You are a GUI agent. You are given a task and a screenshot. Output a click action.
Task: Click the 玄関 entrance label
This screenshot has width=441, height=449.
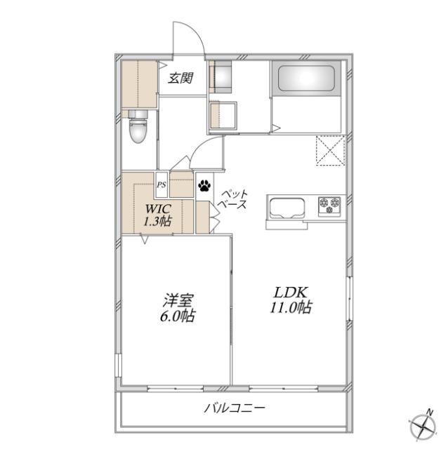pos(180,78)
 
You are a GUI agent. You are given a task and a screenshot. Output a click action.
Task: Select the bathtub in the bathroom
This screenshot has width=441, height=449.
pos(306,78)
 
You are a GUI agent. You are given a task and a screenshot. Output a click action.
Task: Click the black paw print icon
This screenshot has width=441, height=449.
pos(204,185)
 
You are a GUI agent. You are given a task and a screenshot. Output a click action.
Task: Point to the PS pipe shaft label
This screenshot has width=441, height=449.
pos(161,185)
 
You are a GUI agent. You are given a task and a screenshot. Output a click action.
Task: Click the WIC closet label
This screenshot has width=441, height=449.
pos(158,209)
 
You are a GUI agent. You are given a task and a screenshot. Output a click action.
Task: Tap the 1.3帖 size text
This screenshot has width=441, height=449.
pos(157,221)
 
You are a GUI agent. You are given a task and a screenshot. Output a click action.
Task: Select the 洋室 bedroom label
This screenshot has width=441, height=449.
pos(178,301)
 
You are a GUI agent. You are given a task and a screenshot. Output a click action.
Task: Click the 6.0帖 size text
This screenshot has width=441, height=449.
pos(178,316)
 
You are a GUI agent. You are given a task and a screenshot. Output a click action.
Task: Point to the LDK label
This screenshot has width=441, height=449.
pos(291,293)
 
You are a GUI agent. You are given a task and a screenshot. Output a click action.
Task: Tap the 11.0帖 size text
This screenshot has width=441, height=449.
pos(291,307)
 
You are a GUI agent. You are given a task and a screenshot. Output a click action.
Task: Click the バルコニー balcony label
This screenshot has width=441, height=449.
pos(235,408)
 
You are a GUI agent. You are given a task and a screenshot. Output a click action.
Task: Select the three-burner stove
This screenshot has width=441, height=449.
pos(329,206)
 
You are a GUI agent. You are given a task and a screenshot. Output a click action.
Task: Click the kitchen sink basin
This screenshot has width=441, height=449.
pos(285,208)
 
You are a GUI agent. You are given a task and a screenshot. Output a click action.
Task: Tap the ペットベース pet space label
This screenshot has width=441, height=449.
pos(232,199)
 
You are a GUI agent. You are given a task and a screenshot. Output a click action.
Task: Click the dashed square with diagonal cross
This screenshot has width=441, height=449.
pos(330,151)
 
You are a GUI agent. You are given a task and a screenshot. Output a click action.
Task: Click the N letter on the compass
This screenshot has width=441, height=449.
pos(430,412)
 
